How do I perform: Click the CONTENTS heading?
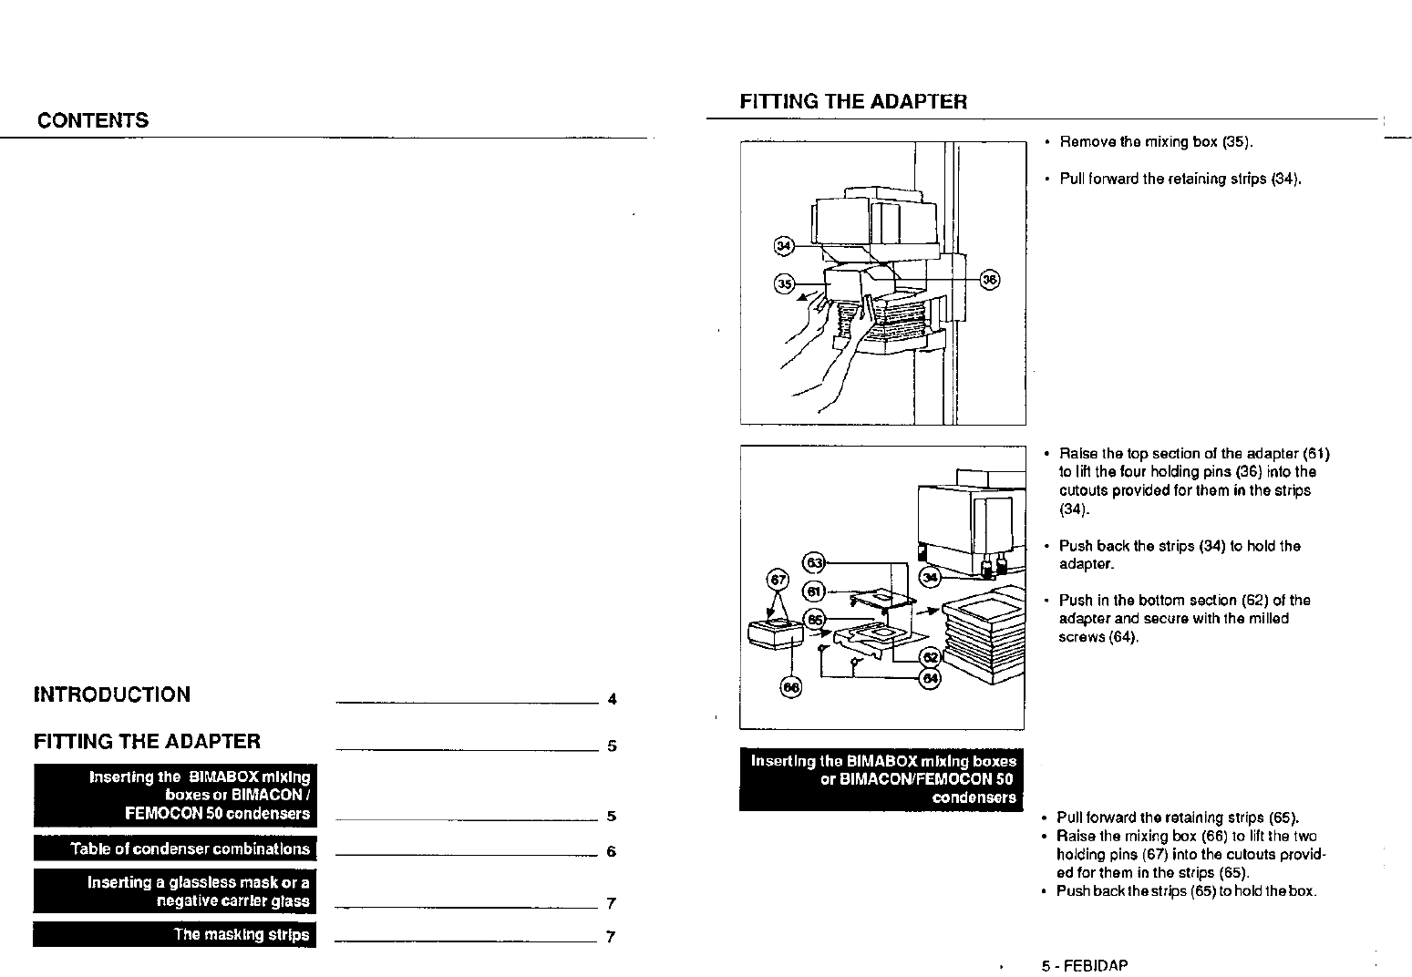tap(93, 120)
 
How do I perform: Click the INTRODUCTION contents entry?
tap(112, 694)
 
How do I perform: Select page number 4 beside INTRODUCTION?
tap(612, 700)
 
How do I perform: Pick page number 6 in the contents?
tap(612, 852)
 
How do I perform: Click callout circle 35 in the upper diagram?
tap(783, 283)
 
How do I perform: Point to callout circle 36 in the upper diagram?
tap(989, 280)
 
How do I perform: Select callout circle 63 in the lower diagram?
tap(813, 562)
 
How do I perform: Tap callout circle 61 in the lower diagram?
tap(812, 591)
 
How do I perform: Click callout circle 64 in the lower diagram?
tap(931, 679)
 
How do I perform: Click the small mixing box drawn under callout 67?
tap(774, 632)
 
